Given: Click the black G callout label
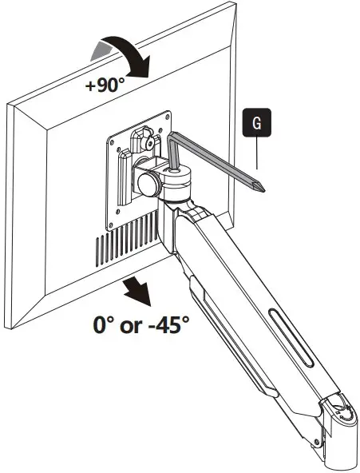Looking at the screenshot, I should [255, 123].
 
